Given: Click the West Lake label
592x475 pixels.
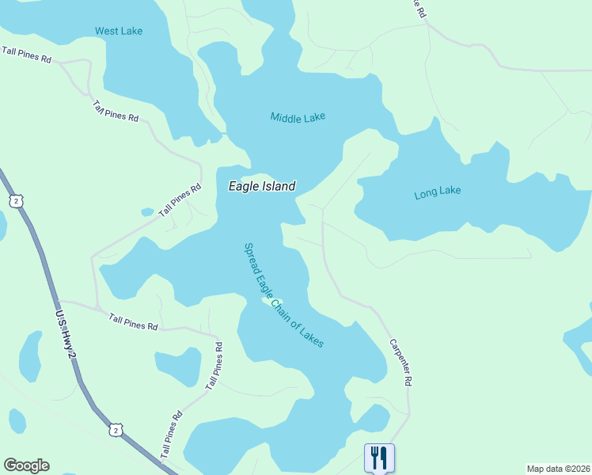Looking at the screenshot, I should [x=119, y=31].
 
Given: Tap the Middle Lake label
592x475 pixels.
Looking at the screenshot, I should [x=298, y=117].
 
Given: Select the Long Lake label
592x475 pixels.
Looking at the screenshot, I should [x=437, y=192].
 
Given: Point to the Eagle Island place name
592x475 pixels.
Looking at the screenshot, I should [x=262, y=187].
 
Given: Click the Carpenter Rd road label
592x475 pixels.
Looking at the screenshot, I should [x=401, y=363].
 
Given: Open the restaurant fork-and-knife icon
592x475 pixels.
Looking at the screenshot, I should [x=379, y=458].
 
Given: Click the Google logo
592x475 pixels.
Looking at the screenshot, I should [x=26, y=465].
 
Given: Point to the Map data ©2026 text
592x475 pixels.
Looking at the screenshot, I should [x=559, y=469].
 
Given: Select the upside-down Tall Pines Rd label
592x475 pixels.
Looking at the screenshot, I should [x=115, y=111].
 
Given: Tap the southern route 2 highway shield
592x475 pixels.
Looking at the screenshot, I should [x=116, y=430].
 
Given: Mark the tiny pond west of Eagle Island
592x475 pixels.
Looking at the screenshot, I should [x=147, y=212].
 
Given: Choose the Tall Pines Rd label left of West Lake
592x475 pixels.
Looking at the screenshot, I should [x=26, y=54].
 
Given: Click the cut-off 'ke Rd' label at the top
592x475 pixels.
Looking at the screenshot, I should [x=419, y=9].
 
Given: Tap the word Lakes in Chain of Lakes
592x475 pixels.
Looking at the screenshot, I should [x=312, y=336].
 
